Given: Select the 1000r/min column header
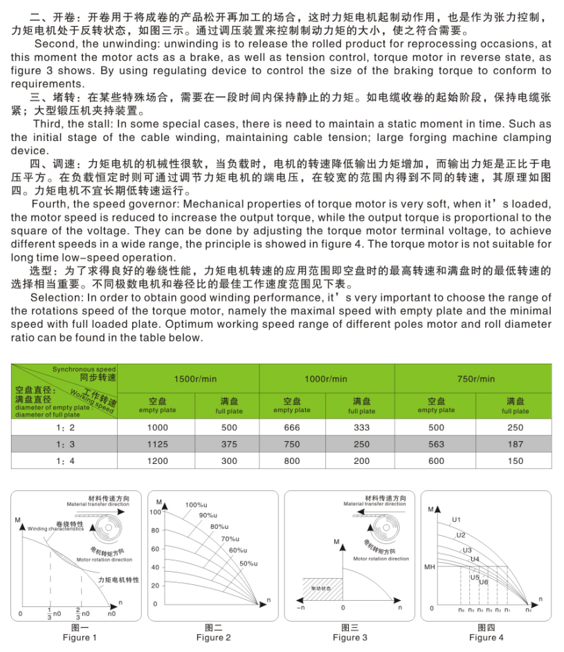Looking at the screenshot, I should (326, 379).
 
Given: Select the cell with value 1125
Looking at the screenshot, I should (158, 445).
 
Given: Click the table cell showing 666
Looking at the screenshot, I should (292, 428).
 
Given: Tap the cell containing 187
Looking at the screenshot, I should (515, 445).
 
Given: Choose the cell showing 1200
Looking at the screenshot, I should (158, 461).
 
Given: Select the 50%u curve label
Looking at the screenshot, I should (248, 564).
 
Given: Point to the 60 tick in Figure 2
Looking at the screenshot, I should (155, 549).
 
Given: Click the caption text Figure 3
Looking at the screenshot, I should (350, 637).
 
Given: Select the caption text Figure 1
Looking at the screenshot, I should (80, 637).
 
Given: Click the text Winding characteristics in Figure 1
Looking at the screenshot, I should (56, 529).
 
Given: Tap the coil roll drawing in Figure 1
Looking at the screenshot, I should (110, 532).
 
